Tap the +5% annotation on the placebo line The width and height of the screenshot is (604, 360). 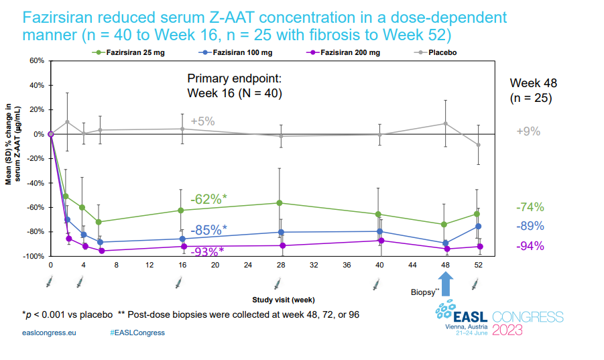202,121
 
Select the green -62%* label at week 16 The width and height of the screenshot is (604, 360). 208,199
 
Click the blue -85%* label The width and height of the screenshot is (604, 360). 208,229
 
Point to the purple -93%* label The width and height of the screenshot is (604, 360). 208,251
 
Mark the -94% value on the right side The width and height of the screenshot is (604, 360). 530,246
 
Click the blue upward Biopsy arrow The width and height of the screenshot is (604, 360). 446,281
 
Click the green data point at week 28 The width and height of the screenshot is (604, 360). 280,203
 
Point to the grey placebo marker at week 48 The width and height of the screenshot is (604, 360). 445,123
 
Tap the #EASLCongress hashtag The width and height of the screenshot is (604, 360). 137,333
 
